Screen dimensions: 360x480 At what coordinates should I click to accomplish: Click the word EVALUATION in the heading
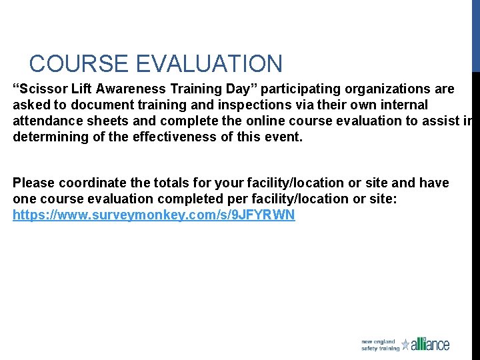pyautogui.click(x=209, y=64)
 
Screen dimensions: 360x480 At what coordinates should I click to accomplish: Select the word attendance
pyautogui.click(x=46, y=121)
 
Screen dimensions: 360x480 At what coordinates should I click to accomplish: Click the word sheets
pyautogui.click(x=104, y=121)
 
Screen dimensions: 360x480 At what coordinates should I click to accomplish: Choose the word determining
pyautogui.click(x=50, y=137)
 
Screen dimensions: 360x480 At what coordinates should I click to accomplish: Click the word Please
pyautogui.click(x=35, y=183)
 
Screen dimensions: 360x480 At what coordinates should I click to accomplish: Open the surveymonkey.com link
pyautogui.click(x=153, y=215)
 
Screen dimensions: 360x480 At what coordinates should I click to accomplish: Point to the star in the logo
pyautogui.click(x=405, y=345)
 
